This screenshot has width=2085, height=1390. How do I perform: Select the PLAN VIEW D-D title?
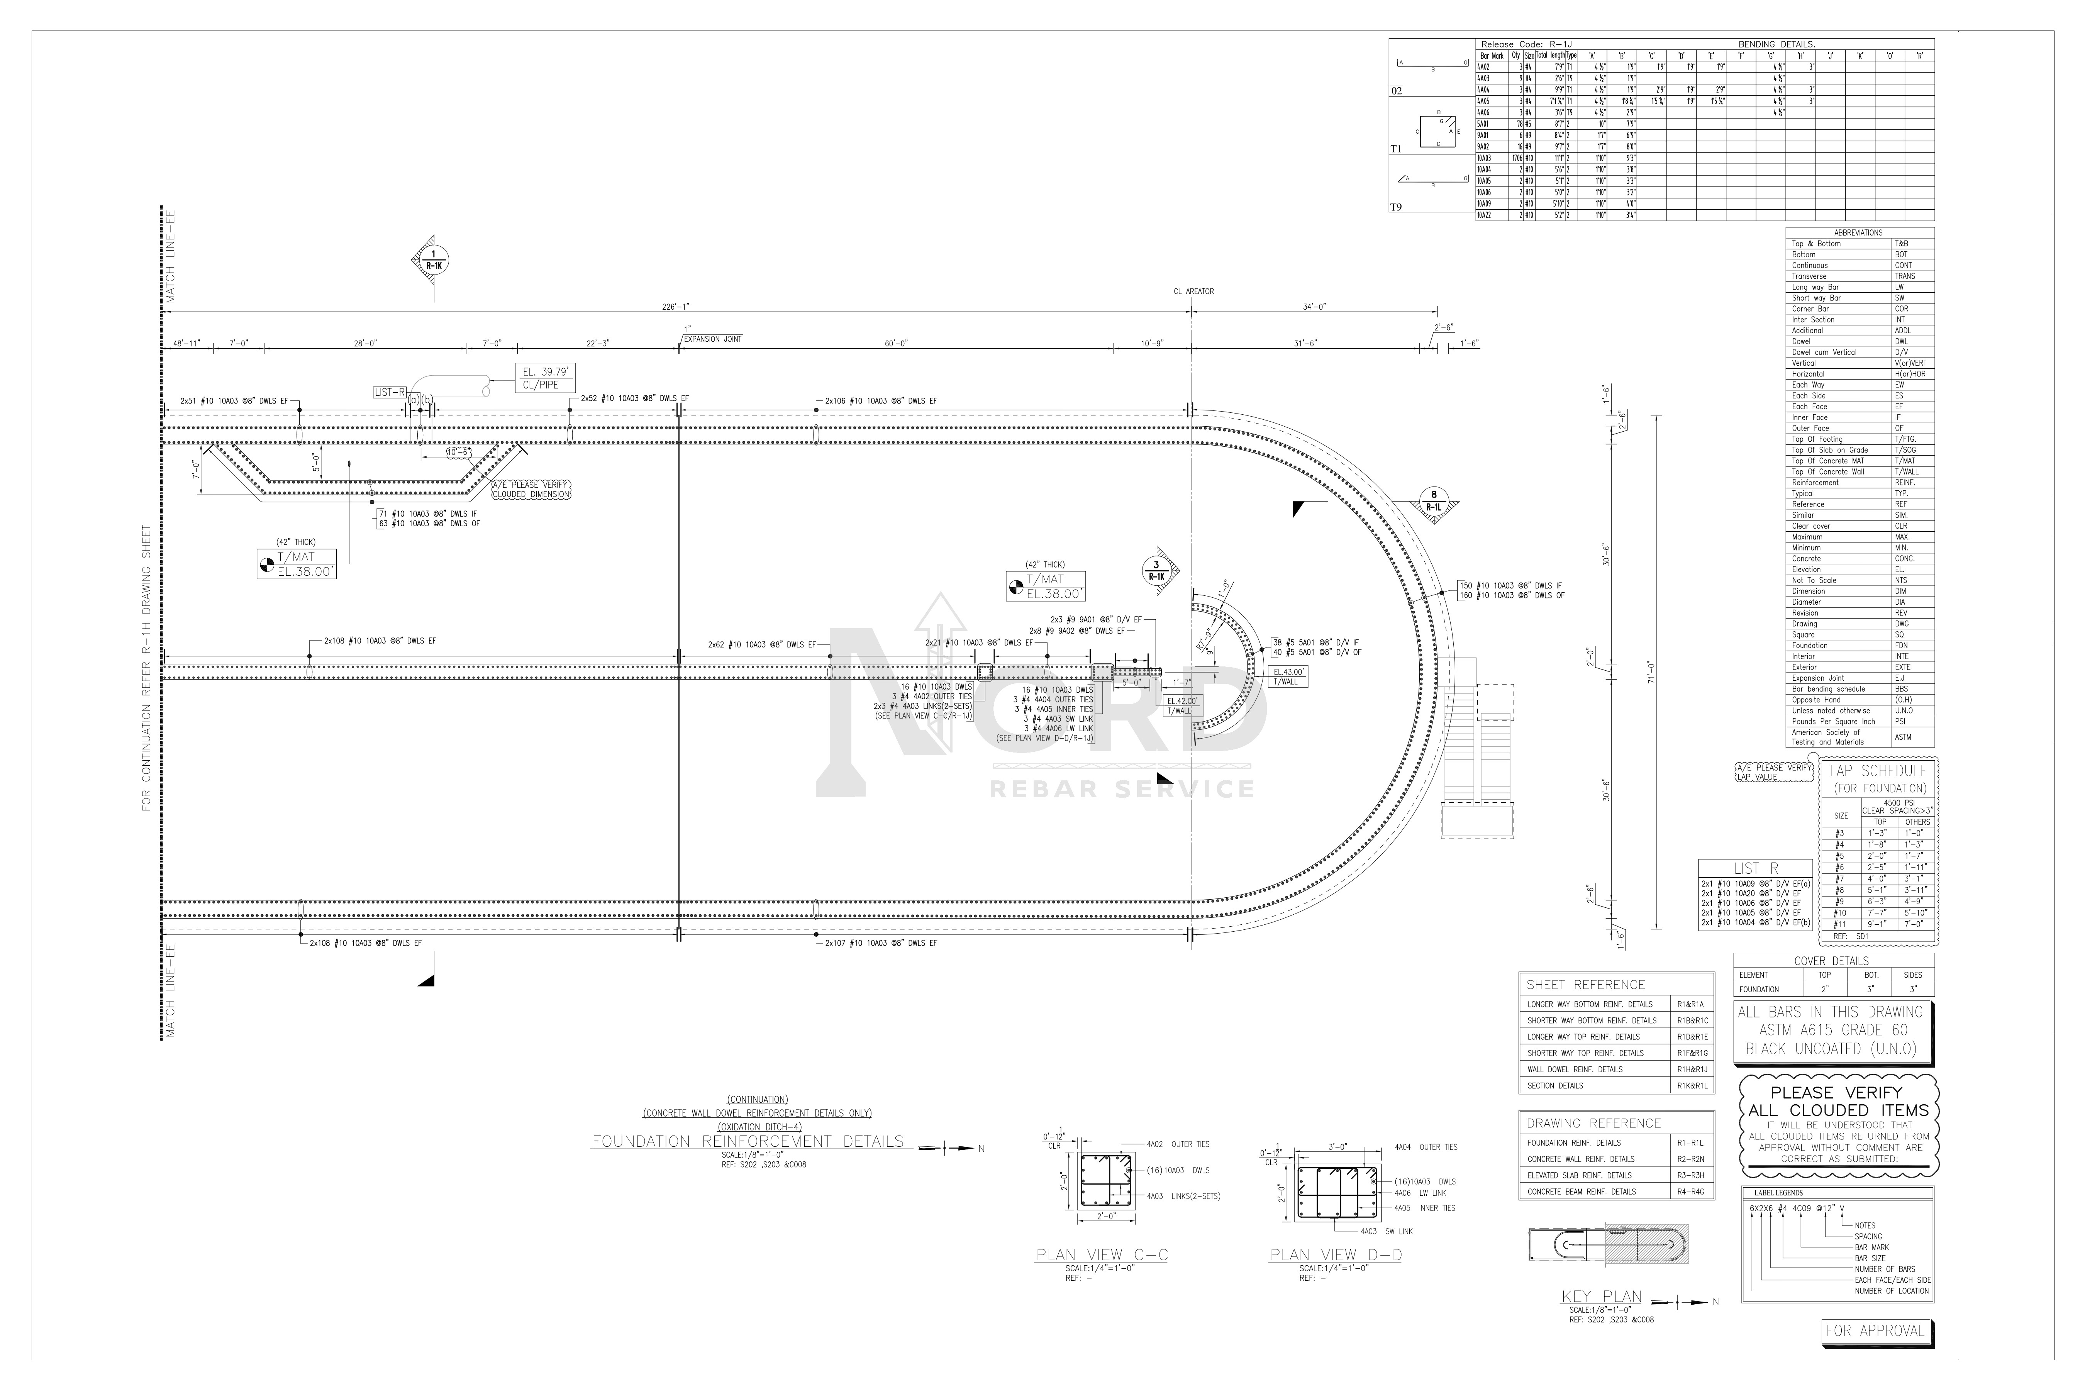pos(1336,1254)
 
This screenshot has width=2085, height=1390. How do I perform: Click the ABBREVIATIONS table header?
pos(1858,232)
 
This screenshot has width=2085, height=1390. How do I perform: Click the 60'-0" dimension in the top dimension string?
pos(895,343)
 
